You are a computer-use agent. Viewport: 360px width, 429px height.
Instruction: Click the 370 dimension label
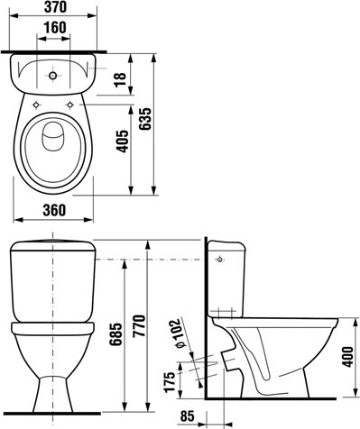click(55, 7)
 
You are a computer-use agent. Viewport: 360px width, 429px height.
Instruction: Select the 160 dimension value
click(55, 28)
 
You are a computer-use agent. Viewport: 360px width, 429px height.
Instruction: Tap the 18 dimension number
click(121, 79)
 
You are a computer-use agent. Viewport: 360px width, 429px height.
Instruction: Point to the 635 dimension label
click(145, 119)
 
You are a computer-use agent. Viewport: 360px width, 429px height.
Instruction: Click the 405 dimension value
click(122, 141)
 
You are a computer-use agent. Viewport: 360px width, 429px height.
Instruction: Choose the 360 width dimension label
click(54, 210)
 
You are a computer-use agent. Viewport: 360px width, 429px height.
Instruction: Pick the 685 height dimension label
click(115, 334)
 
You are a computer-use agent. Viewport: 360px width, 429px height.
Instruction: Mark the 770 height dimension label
click(139, 326)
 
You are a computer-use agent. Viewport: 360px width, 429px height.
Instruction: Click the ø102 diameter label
click(178, 333)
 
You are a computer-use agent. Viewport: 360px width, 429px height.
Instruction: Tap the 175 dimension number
click(170, 381)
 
